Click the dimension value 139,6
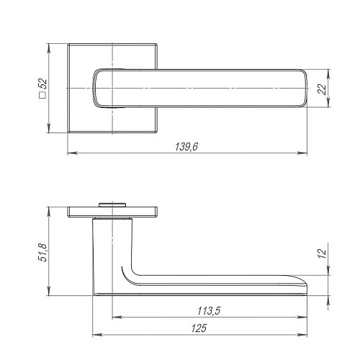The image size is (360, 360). (186, 147)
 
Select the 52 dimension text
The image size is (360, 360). (43, 84)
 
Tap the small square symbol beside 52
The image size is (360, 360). (42, 95)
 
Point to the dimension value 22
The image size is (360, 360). (323, 89)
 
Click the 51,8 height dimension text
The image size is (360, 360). (43, 252)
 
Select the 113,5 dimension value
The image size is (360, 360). (209, 311)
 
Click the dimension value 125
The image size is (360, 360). (199, 328)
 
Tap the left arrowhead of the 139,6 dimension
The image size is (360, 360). (72, 153)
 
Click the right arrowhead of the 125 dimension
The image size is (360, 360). (302, 335)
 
